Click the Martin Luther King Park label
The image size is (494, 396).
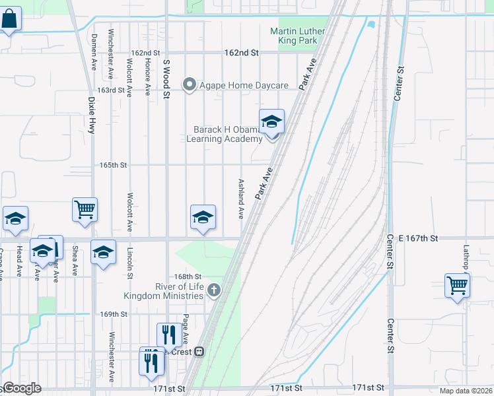298,36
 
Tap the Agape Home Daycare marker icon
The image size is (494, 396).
190,84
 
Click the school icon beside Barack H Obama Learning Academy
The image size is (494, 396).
271,122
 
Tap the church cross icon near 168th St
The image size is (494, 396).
214,289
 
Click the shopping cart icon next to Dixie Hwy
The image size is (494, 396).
85,210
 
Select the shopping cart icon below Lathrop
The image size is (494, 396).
457,285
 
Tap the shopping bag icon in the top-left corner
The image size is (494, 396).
10,19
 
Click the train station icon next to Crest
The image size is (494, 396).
199,352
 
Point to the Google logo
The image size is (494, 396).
21,388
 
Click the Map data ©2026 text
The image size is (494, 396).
465,391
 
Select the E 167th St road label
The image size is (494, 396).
412,238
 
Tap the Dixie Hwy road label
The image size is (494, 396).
91,115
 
